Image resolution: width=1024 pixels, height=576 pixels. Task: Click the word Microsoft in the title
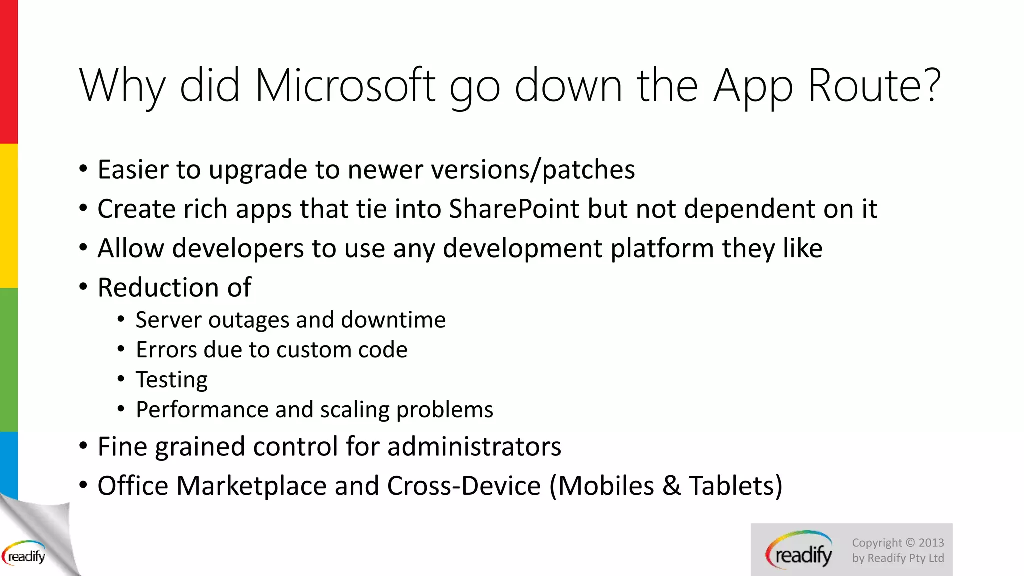point(345,86)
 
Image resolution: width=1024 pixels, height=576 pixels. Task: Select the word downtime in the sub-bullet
point(393,320)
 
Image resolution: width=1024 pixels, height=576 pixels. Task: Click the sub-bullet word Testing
point(172,380)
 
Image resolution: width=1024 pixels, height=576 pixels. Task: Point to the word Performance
point(202,410)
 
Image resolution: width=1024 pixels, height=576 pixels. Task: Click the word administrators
point(474,446)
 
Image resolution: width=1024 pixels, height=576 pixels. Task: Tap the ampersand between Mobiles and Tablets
point(671,486)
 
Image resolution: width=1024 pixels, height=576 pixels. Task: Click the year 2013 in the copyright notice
point(931,543)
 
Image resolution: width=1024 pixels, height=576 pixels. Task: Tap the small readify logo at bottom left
point(25,555)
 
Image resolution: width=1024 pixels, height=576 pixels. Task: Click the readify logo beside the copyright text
point(799,551)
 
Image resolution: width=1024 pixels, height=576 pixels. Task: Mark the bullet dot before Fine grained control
point(83,446)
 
